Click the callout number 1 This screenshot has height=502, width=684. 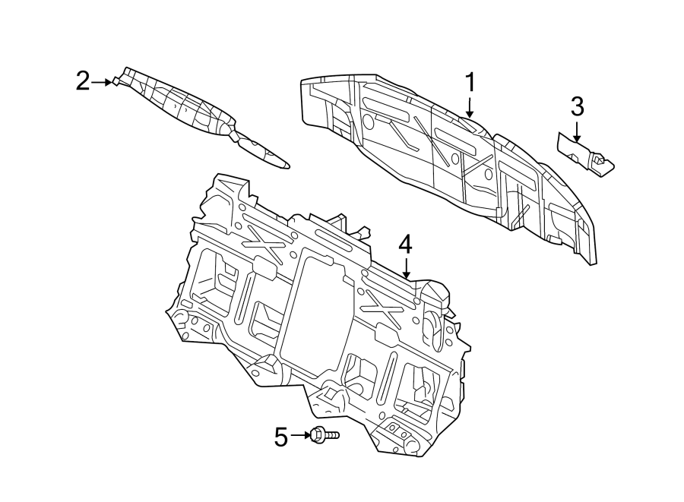(x=470, y=83)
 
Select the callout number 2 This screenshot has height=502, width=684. (x=83, y=81)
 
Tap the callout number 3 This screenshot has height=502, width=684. (x=577, y=106)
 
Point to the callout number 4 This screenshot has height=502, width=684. (x=406, y=245)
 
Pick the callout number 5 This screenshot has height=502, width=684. (x=281, y=437)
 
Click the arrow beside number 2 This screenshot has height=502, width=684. (x=101, y=81)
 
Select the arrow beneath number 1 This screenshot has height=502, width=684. (x=470, y=107)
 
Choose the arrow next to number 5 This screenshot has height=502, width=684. (x=299, y=436)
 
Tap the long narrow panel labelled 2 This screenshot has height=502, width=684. (x=190, y=111)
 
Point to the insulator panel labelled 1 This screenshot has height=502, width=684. (x=441, y=159)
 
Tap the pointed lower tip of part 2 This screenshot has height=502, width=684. (x=284, y=163)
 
